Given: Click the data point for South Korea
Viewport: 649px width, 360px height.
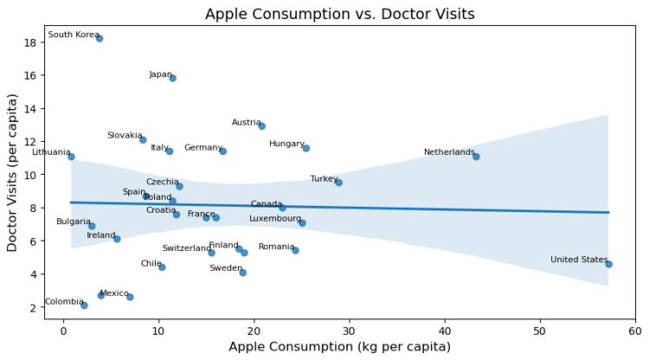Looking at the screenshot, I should (x=100, y=38).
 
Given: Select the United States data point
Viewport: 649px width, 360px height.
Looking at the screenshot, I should (x=609, y=264).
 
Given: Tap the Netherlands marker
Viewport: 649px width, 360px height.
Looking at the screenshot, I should (x=476, y=157).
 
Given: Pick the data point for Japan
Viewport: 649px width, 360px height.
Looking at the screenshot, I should (x=173, y=78).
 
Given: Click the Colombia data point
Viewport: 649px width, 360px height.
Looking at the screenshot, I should (x=84, y=305).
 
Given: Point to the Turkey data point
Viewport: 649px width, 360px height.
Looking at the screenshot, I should (x=338, y=183).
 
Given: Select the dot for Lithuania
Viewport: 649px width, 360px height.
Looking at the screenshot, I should (x=71, y=157).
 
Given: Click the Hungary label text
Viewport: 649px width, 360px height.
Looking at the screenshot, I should (x=286, y=144).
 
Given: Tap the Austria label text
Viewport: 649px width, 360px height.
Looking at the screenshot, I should (x=247, y=123).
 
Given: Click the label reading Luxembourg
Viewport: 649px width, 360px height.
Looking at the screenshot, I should (x=275, y=219).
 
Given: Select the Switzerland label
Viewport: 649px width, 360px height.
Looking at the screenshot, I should (x=186, y=248).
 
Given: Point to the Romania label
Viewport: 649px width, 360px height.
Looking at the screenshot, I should (x=277, y=247).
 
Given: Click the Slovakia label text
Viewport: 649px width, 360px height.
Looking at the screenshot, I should (x=125, y=136).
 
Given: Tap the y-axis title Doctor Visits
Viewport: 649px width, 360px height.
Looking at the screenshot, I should (x=12, y=173).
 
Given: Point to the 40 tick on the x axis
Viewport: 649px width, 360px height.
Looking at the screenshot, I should (x=445, y=331).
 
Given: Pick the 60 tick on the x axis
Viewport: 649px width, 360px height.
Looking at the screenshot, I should (x=635, y=331).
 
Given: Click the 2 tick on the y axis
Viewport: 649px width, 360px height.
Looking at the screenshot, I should (x=30, y=307).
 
